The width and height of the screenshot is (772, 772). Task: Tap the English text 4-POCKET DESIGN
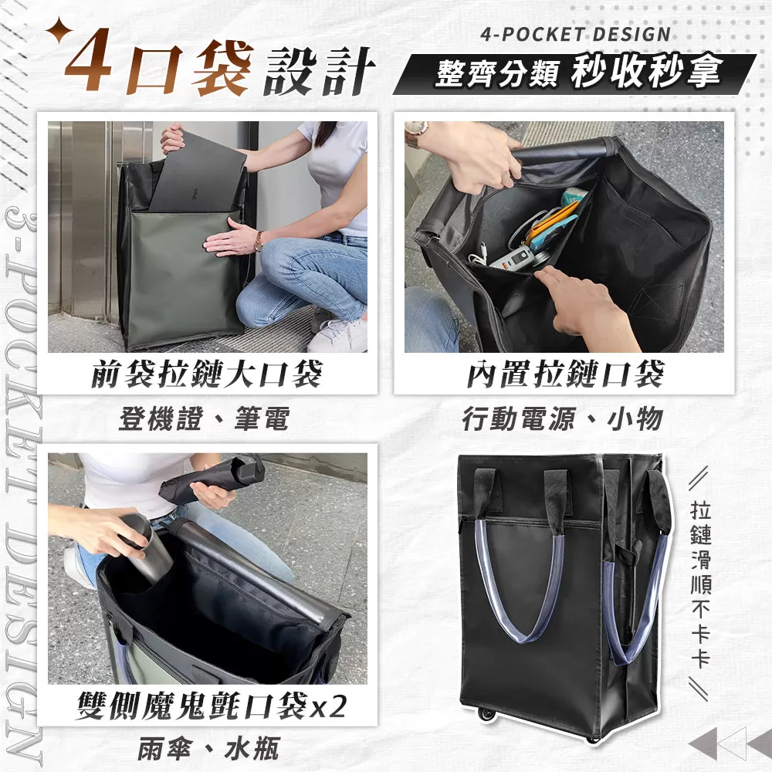click(575, 34)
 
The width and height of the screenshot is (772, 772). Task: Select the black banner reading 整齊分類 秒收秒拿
click(575, 74)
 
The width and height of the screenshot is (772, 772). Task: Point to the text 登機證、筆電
click(204, 419)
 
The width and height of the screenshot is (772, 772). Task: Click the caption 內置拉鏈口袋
click(565, 374)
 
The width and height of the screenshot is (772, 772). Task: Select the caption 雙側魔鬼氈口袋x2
click(211, 706)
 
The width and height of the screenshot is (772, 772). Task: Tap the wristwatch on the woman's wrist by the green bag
click(259, 241)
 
